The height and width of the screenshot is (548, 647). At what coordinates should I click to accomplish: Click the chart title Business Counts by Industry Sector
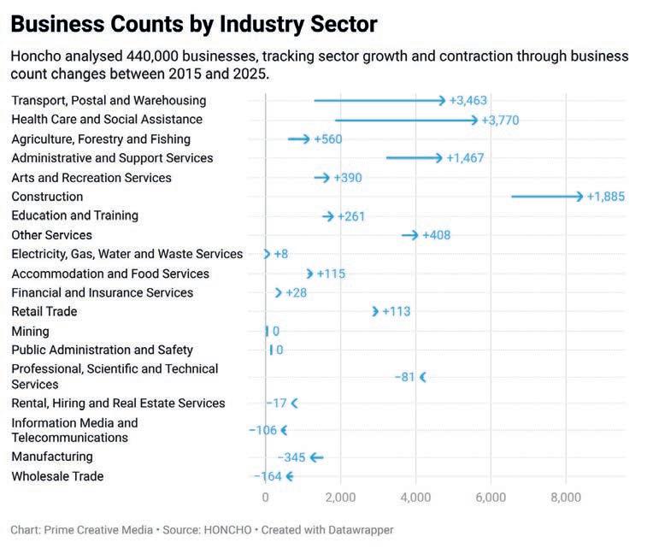(194, 23)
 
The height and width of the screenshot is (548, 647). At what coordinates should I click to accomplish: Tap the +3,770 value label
(500, 120)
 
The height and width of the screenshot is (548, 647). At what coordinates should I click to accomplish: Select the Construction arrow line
(547, 197)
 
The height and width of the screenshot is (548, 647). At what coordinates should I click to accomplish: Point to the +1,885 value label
(606, 197)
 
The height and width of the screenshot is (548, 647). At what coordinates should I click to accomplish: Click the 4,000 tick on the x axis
(415, 498)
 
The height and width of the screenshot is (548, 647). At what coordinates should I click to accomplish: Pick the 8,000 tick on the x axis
(566, 498)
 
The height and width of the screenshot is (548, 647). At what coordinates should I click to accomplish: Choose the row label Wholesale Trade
(57, 476)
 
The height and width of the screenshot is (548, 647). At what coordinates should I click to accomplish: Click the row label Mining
(30, 331)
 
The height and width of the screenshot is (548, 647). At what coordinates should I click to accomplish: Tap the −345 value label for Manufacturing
(291, 457)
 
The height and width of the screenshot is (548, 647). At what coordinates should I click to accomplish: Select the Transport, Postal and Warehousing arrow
(379, 101)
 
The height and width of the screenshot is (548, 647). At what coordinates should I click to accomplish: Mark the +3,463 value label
(468, 101)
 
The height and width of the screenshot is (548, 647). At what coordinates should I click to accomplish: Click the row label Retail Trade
(44, 311)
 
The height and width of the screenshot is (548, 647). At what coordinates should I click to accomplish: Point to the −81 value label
(405, 377)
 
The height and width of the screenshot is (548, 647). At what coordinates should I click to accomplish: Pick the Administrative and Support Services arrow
(415, 158)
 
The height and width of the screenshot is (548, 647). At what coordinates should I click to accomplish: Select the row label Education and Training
(74, 215)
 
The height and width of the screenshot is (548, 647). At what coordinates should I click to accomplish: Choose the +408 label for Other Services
(436, 235)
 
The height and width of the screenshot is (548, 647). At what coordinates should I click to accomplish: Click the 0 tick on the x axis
(265, 498)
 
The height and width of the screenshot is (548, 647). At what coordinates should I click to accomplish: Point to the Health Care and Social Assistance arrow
(406, 120)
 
